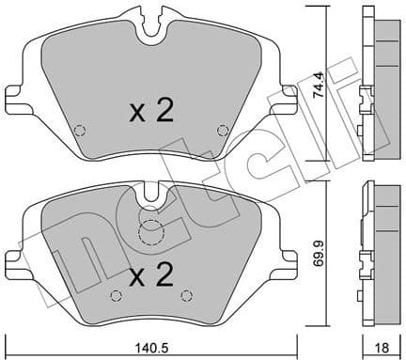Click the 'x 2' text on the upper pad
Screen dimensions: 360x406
[x=151, y=113]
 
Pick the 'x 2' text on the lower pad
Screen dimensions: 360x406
[x=151, y=276]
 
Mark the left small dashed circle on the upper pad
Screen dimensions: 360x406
[x=81, y=130]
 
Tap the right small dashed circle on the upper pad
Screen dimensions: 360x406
[x=222, y=130]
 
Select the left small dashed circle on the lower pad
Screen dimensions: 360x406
[x=116, y=296]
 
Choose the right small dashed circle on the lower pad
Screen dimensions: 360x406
[x=185, y=296]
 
